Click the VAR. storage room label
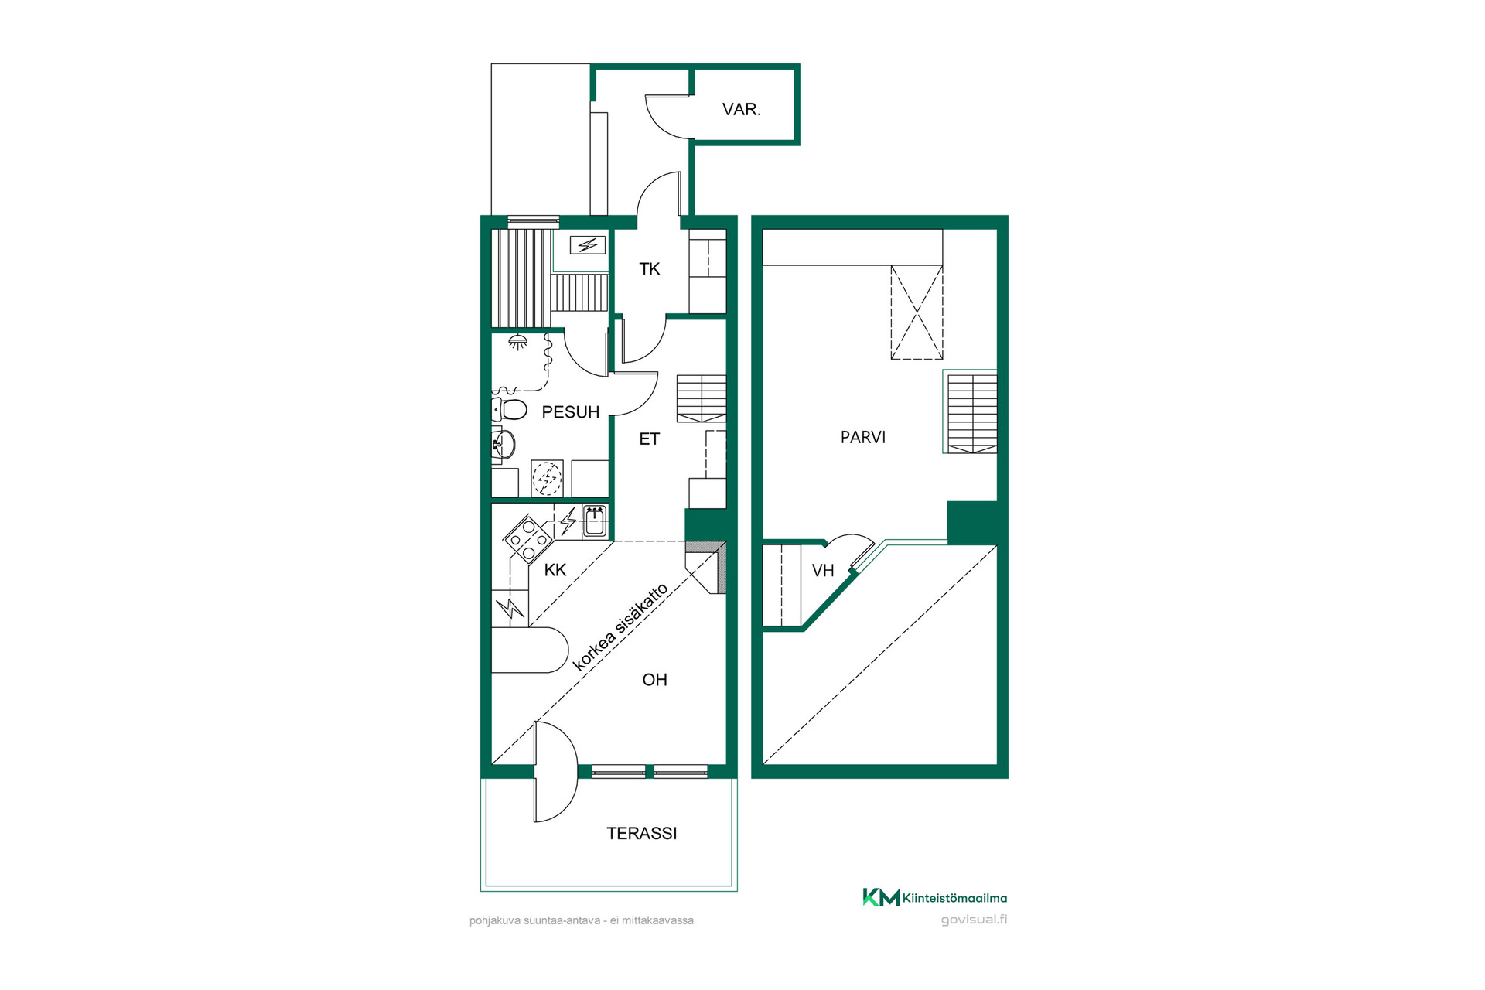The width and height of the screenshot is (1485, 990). coord(741,110)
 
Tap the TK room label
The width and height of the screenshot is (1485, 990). coord(649,269)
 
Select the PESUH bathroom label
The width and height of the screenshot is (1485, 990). coord(570,412)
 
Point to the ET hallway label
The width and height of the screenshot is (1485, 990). coord(649,439)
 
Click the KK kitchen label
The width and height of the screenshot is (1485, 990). coord(555,570)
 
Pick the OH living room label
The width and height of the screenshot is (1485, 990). coord(654,680)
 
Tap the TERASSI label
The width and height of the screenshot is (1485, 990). coord(641,833)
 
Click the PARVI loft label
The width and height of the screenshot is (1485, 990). coord(863,437)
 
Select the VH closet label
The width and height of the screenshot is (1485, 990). coord(823,571)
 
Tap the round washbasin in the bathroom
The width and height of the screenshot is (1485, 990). coord(504,445)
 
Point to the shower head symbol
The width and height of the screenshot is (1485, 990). coord(517,341)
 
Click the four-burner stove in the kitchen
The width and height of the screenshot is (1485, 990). coord(528,538)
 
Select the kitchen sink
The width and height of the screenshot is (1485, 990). coord(594,521)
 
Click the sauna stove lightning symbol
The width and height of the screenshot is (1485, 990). coord(588,245)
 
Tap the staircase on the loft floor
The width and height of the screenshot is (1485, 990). coord(971,413)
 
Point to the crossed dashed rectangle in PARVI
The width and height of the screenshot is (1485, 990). coord(917,312)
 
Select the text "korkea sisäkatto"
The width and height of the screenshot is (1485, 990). coord(620,627)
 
